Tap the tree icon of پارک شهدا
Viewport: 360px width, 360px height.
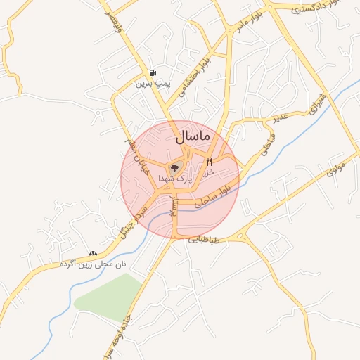tap(174, 168)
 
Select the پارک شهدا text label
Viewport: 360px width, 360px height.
tap(174, 180)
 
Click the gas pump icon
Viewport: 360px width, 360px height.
tap(153, 73)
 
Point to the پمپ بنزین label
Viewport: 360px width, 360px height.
tap(153, 84)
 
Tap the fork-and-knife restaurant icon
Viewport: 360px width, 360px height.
tap(209, 162)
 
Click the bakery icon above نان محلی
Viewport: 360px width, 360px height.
tap(93, 253)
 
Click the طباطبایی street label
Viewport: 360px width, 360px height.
tap(204, 240)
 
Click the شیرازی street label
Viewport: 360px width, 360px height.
tap(318, 103)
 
